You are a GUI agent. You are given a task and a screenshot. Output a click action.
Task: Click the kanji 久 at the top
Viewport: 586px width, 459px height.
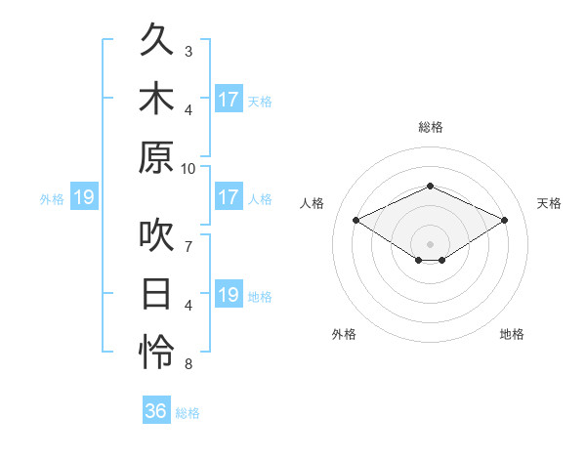click(x=156, y=39)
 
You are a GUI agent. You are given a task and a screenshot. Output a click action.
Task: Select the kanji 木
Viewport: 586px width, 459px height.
click(x=156, y=98)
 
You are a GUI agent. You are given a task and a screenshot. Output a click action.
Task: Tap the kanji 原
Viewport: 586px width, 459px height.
click(x=156, y=157)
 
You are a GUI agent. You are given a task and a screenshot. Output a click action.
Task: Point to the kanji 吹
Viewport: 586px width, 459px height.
click(x=156, y=234)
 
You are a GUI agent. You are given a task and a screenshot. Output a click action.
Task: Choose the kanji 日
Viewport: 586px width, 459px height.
click(x=156, y=293)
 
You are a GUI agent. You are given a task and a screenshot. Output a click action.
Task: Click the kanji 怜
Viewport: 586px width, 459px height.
click(x=156, y=352)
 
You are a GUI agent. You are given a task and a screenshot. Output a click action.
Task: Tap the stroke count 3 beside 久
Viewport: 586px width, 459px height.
click(x=188, y=52)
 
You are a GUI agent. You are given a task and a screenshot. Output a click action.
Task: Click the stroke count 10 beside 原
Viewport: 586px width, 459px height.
click(x=188, y=169)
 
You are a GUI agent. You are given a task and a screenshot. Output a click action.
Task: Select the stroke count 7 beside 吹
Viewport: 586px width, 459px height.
click(x=188, y=247)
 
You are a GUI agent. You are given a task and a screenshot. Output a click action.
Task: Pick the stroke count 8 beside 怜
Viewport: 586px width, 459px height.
click(x=188, y=364)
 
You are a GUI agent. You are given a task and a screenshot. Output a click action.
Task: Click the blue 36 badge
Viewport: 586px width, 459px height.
click(x=156, y=409)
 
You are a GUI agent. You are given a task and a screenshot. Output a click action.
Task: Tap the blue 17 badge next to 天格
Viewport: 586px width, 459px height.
click(x=230, y=99)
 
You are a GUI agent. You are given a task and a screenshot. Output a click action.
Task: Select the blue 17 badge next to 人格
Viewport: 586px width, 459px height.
click(x=230, y=196)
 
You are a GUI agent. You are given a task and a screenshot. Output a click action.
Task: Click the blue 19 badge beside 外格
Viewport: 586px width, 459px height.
click(x=84, y=196)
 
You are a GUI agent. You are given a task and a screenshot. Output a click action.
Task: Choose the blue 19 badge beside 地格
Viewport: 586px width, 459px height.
click(x=230, y=293)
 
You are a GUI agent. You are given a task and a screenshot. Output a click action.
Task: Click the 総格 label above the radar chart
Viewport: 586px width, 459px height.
click(x=431, y=127)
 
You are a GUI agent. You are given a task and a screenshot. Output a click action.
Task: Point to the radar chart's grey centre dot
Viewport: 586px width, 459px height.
click(x=430, y=244)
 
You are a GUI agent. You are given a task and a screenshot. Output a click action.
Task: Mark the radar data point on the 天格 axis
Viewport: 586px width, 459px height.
click(x=505, y=220)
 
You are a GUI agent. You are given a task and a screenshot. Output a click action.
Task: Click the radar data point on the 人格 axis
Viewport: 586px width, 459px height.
click(x=356, y=220)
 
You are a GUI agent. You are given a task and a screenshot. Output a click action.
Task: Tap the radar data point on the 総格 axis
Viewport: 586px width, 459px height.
click(x=431, y=186)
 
